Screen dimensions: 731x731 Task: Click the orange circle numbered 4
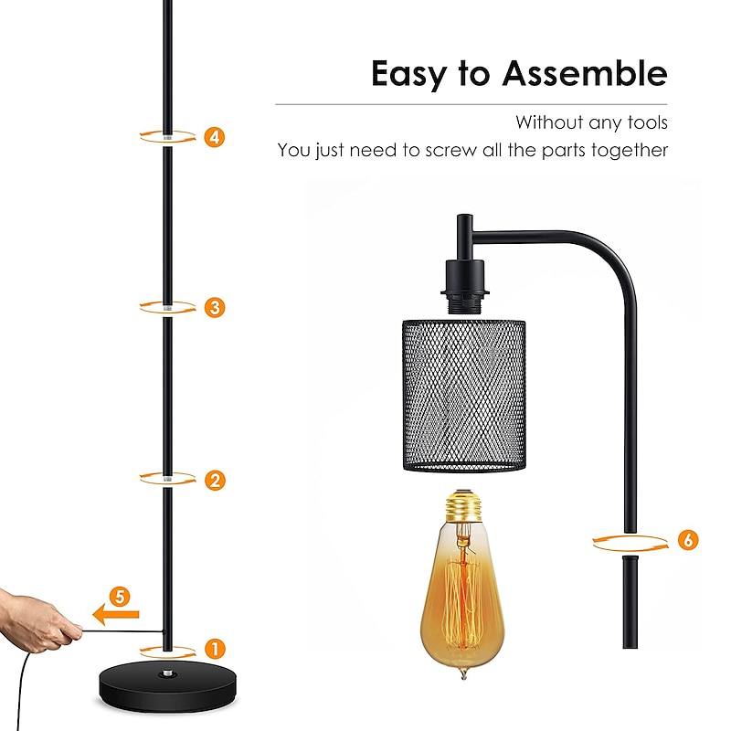(215, 138)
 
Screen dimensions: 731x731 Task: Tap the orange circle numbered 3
(215, 308)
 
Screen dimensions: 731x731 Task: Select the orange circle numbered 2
(215, 481)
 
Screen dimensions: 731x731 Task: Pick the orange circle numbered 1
(215, 649)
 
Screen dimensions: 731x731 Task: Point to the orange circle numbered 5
(120, 597)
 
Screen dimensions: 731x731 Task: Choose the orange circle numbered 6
(688, 540)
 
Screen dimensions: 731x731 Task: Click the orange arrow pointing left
(116, 614)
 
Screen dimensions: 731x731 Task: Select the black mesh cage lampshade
(464, 396)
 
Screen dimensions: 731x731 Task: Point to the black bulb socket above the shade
(465, 285)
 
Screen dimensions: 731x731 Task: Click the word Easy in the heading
(408, 75)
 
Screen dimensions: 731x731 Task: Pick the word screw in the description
(451, 151)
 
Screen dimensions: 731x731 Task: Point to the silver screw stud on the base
(167, 673)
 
